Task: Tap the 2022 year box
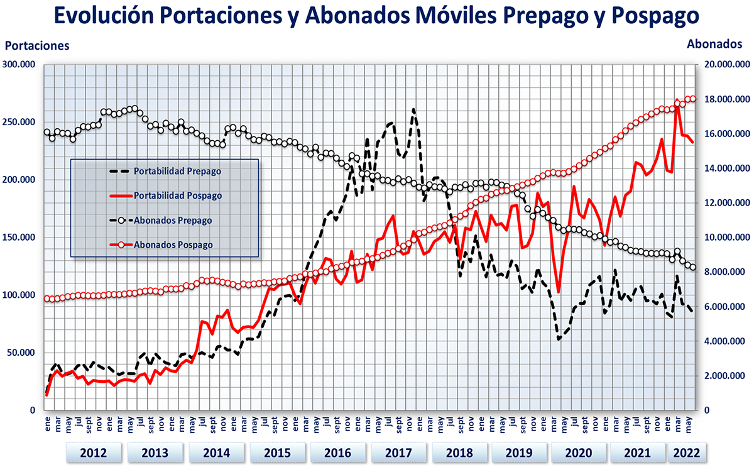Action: point(686,453)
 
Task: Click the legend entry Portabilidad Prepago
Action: point(178,170)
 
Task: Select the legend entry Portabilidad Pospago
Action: point(178,195)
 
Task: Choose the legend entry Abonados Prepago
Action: point(173,220)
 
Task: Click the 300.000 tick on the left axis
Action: point(20,65)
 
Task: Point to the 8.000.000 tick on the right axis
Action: point(724,272)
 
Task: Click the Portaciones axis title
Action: point(37,45)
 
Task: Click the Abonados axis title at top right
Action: point(715,44)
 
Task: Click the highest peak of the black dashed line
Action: point(413,109)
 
